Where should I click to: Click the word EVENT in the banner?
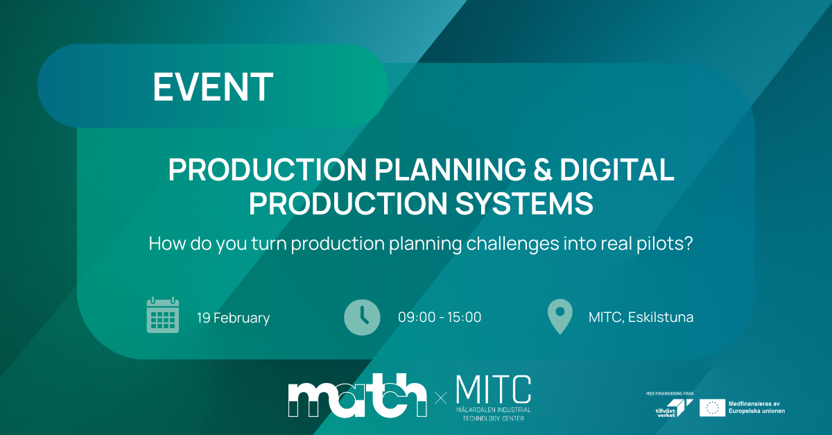(214, 87)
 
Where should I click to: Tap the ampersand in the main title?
(543, 169)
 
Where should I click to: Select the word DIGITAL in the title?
(617, 169)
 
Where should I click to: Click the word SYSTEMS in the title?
(523, 203)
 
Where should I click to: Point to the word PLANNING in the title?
(450, 169)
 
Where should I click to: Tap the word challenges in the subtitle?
(512, 245)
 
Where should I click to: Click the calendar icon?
(163, 315)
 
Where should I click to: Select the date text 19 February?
(233, 318)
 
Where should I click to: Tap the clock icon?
(362, 318)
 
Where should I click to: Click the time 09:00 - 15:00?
(440, 317)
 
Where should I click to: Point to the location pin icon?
(560, 316)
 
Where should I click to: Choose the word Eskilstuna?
(661, 317)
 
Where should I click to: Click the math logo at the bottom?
(357, 395)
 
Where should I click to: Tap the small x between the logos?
(441, 398)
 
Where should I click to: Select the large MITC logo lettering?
(494, 389)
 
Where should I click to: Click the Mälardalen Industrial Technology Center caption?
(494, 414)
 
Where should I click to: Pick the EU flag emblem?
(713, 408)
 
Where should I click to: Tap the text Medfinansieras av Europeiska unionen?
(756, 407)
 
